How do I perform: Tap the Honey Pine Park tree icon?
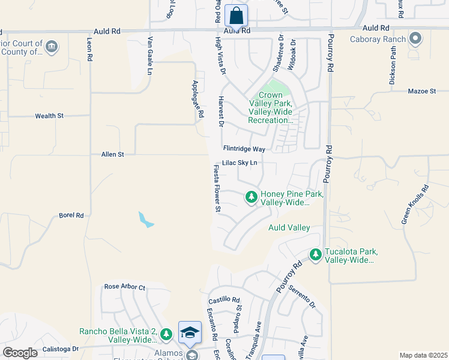[252, 196]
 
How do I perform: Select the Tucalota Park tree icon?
[316, 255]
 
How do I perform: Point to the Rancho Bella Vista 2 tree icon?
[167, 334]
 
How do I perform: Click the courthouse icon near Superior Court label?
[52, 46]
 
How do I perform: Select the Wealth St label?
[49, 116]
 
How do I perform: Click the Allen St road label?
[112, 154]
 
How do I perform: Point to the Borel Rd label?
[71, 215]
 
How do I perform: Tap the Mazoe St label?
[421, 91]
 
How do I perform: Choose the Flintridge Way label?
[244, 148]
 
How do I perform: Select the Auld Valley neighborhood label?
[289, 227]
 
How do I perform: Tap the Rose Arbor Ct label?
[125, 287]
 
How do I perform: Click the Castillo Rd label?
[224, 300]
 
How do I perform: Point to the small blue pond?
[146, 220]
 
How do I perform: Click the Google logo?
[20, 353]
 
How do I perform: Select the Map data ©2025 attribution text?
[423, 355]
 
